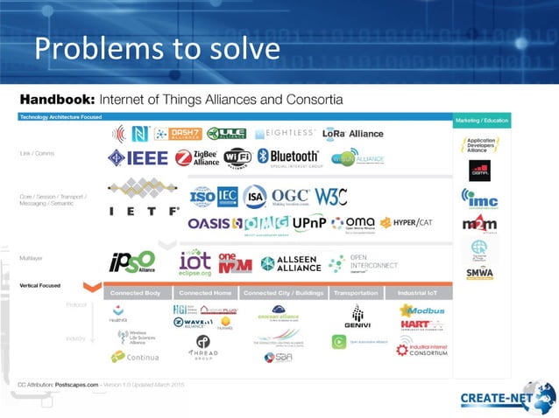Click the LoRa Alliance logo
(x=352, y=134)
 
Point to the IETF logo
(x=143, y=199)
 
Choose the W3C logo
(x=332, y=196)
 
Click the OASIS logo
(x=208, y=224)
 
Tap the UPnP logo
(x=308, y=224)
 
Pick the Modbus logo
(x=423, y=310)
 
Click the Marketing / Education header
(x=481, y=119)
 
